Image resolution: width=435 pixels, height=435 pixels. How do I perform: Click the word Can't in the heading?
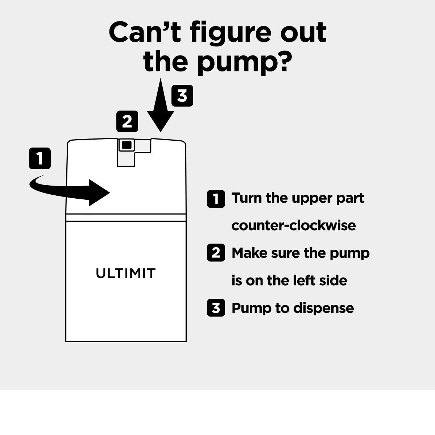145,32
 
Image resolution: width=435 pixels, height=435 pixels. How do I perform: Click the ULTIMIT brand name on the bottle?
126,273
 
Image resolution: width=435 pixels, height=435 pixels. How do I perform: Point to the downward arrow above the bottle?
161,105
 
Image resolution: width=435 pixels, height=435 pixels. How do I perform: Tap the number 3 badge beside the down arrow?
182,96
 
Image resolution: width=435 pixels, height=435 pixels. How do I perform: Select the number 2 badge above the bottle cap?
127,121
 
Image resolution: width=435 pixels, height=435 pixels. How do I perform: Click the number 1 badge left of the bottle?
40,158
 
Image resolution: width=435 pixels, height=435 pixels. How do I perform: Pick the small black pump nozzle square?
127,145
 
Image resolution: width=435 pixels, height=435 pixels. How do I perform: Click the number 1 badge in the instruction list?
216,199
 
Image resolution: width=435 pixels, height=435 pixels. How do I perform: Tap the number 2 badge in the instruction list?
216,253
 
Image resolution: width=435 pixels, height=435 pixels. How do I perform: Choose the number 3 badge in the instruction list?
216,307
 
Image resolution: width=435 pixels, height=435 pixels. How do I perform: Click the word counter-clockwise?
294,225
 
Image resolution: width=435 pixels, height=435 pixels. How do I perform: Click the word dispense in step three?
323,308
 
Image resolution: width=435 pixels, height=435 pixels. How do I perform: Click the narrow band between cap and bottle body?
126,217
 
